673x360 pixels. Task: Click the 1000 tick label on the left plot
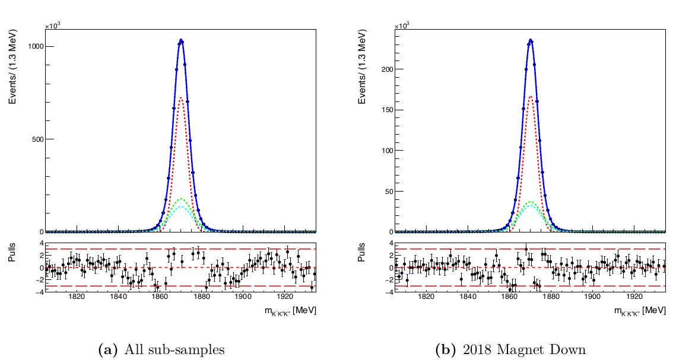click(33, 46)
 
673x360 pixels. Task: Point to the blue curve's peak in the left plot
click(181, 40)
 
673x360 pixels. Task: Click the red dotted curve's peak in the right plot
click(531, 96)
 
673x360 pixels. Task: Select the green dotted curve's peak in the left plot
click(181, 199)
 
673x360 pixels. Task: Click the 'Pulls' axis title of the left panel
click(13, 255)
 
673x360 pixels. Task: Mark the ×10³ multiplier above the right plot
click(402, 26)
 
